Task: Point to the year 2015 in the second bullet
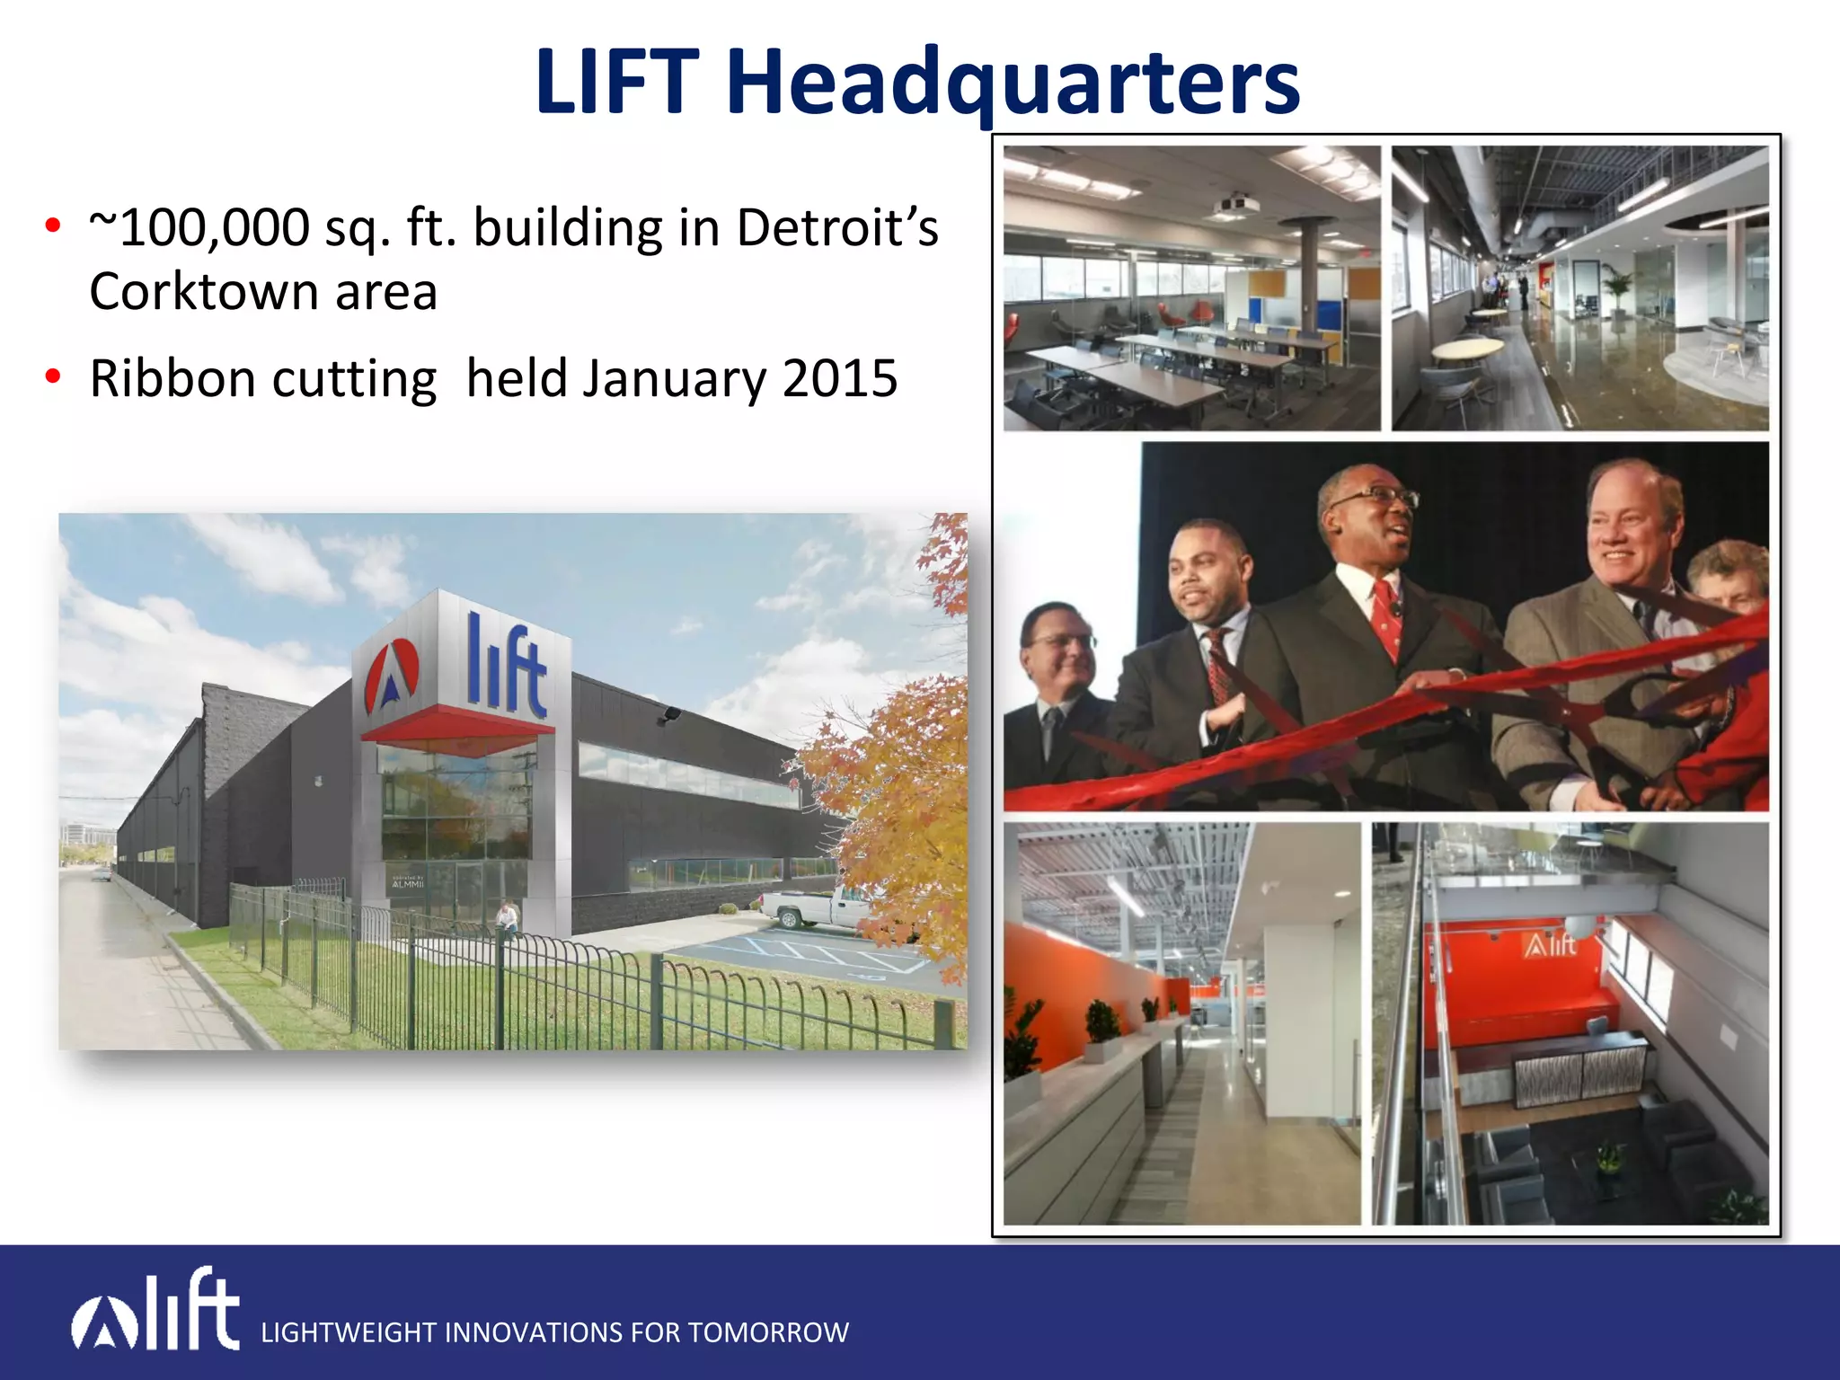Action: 839,378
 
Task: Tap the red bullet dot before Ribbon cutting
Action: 53,376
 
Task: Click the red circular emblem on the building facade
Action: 392,674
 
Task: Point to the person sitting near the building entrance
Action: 508,918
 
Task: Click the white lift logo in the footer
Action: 156,1310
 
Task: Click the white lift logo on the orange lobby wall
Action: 1550,945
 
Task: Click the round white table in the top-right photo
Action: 1466,348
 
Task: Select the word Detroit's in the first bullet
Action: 836,227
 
